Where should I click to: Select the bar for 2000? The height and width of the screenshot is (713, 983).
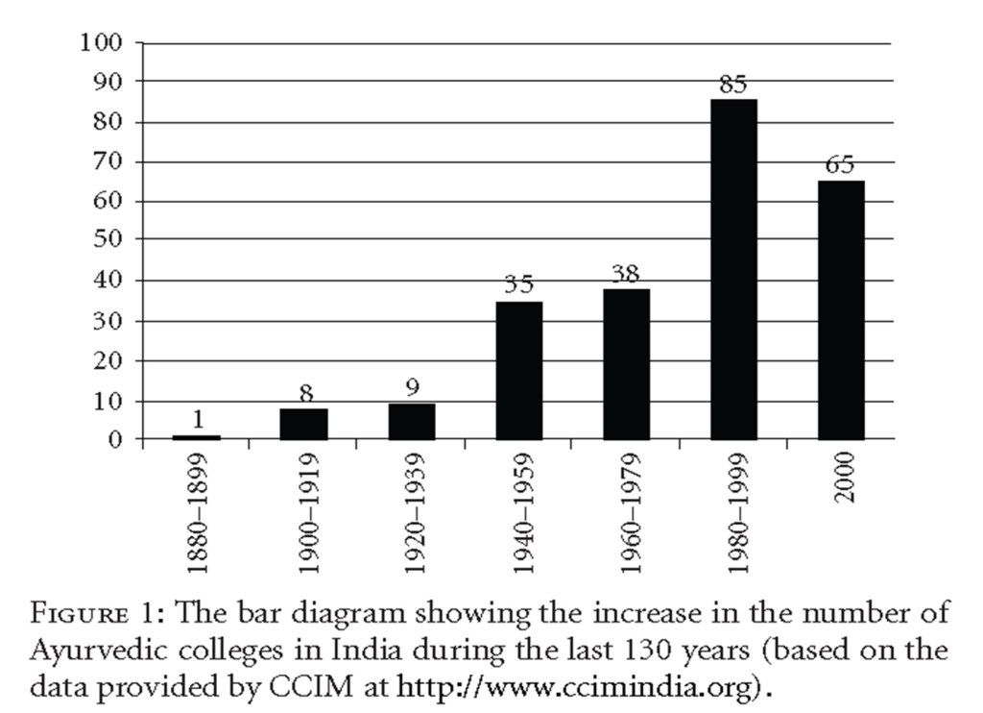pyautogui.click(x=841, y=309)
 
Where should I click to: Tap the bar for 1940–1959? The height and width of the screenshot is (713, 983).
pyautogui.click(x=518, y=370)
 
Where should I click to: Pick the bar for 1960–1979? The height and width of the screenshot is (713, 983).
pyautogui.click(x=626, y=364)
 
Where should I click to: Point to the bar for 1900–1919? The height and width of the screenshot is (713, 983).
pyautogui.click(x=303, y=424)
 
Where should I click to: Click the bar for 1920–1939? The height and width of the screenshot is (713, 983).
pyautogui.click(x=411, y=421)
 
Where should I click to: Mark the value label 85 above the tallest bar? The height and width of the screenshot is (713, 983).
pyautogui.click(x=733, y=86)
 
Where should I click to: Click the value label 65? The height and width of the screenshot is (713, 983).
pyautogui.click(x=840, y=165)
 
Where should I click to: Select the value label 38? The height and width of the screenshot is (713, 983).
pyautogui.click(x=626, y=275)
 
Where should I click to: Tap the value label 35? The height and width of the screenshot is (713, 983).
pyautogui.click(x=518, y=285)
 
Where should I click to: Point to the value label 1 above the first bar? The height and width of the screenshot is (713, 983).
pyautogui.click(x=198, y=420)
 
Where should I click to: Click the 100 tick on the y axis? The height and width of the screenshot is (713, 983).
pyautogui.click(x=103, y=43)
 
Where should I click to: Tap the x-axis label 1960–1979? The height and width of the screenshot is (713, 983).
pyautogui.click(x=628, y=515)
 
